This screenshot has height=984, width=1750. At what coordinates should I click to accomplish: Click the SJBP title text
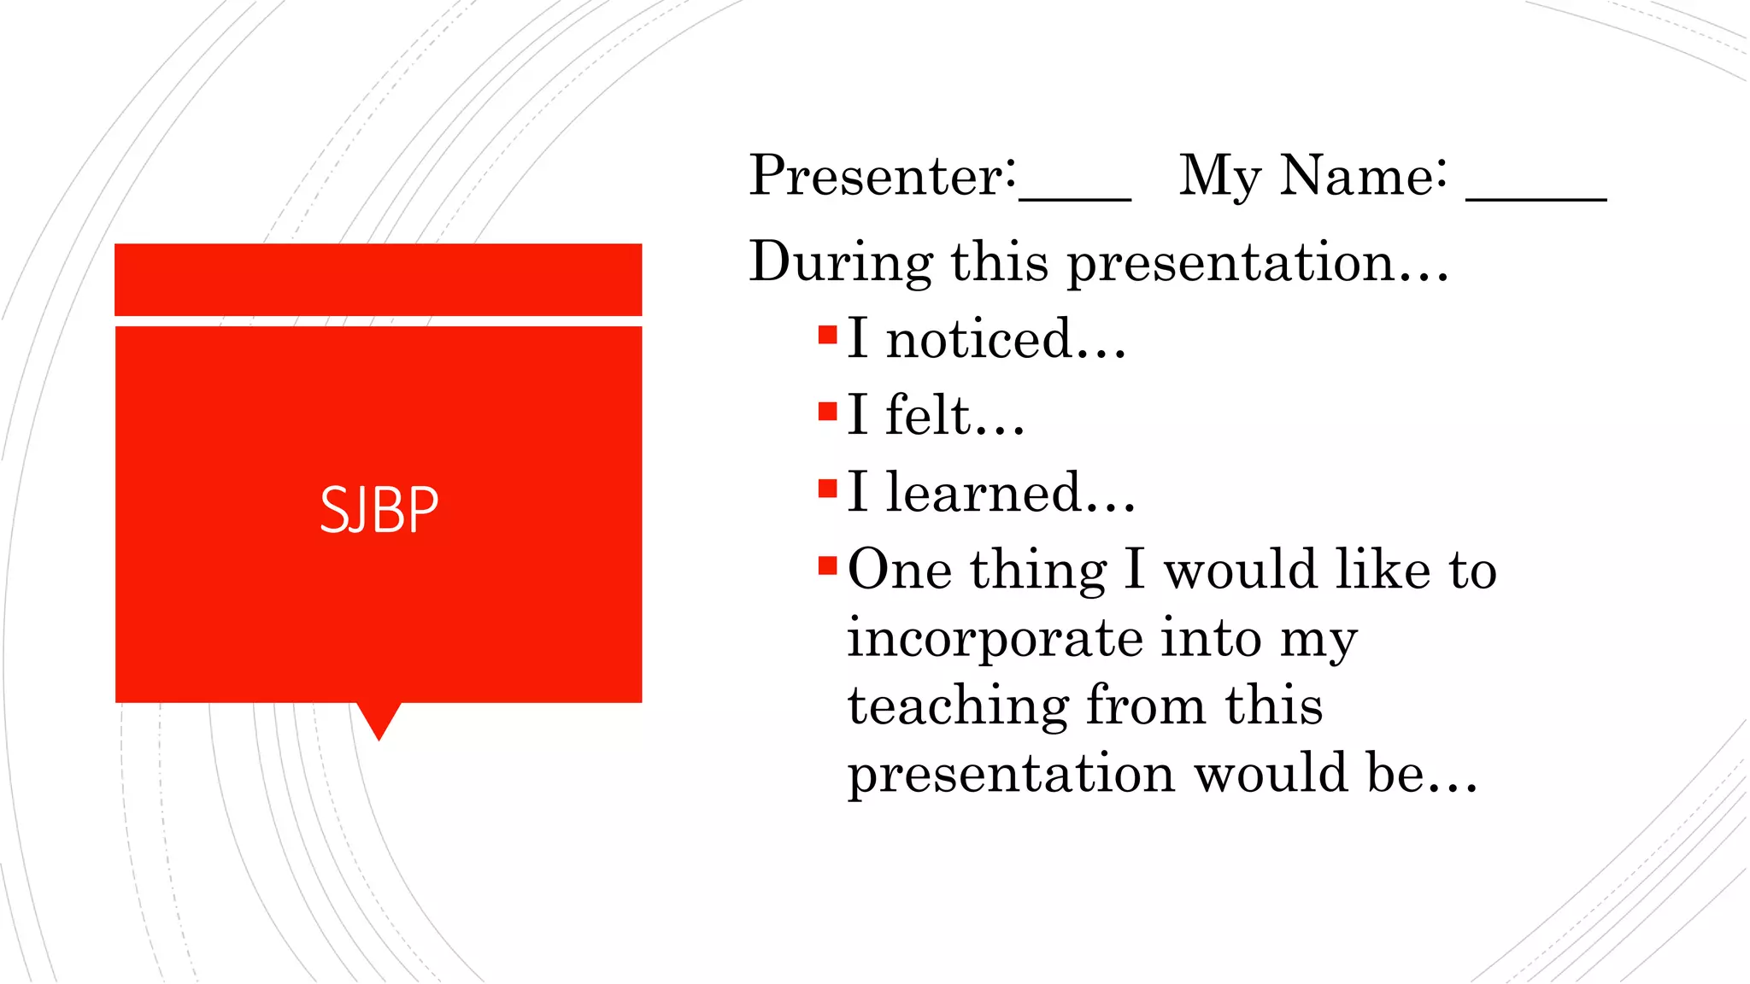coord(379,510)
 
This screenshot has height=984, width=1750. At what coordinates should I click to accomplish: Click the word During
coord(841,261)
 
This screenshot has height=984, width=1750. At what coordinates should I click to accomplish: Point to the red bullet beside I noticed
coord(827,335)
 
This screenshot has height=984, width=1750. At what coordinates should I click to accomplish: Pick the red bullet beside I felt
coord(827,412)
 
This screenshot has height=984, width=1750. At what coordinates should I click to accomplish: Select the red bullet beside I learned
coord(827,489)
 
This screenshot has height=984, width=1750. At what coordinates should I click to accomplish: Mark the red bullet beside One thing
coord(827,565)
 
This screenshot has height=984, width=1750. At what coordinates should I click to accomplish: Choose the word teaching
coord(958,707)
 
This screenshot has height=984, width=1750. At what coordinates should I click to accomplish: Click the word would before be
coord(1271,773)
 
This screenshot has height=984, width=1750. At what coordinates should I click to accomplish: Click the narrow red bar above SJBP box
coord(379,279)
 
